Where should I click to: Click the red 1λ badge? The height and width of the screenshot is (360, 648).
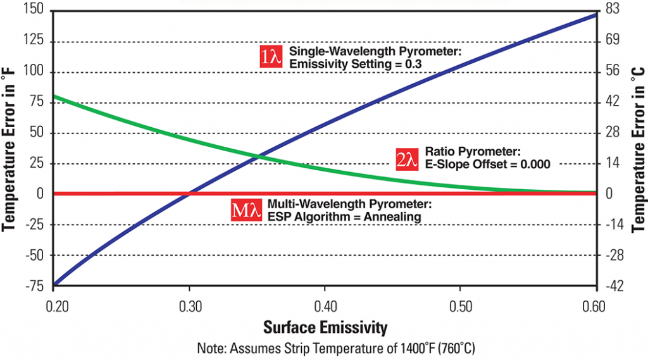pyautogui.click(x=271, y=57)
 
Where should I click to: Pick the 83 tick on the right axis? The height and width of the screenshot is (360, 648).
pyautogui.click(x=613, y=11)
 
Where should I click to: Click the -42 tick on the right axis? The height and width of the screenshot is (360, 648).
pyautogui.click(x=614, y=286)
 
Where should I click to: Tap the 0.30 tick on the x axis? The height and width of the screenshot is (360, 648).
pyautogui.click(x=190, y=305)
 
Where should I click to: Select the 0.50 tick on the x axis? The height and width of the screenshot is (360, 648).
pyautogui.click(x=460, y=305)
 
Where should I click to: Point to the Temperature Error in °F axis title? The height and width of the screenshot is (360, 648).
pyautogui.click(x=11, y=148)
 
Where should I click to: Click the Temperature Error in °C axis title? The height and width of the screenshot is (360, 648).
pyautogui.click(x=637, y=148)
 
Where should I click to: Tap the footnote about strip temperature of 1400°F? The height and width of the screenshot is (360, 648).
pyautogui.click(x=325, y=348)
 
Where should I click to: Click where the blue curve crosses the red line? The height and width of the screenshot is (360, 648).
pyautogui.click(x=190, y=193)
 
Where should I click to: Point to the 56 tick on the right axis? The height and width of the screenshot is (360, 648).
pyautogui.click(x=613, y=72)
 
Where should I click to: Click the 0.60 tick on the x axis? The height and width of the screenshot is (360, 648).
pyautogui.click(x=595, y=305)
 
